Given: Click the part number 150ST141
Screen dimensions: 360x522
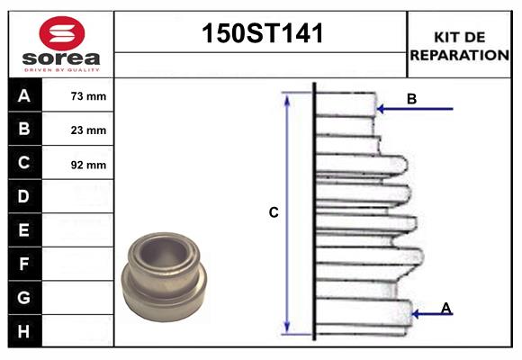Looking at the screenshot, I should (x=261, y=35).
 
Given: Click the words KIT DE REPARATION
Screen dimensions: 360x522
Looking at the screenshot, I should (x=459, y=45).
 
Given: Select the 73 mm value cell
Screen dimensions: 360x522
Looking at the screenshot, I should (x=88, y=95).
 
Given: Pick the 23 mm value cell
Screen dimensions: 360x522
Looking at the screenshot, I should (x=88, y=130).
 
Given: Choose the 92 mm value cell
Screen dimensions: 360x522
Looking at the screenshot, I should (x=88, y=164).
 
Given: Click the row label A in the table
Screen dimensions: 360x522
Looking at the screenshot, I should (x=24, y=95).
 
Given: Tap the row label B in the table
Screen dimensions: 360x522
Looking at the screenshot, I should (x=24, y=129).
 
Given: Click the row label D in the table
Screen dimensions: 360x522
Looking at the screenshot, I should (x=24, y=196).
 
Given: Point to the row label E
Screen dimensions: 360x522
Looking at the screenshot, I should (x=24, y=230).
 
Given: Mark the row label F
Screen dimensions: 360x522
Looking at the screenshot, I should (x=24, y=264).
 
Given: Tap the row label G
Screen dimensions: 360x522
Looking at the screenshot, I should (x=24, y=297).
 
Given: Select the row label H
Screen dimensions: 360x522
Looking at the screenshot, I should (x=24, y=331).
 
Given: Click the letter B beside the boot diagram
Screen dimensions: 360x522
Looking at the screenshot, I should (x=411, y=99).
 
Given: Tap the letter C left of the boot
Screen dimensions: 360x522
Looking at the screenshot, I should (x=274, y=213).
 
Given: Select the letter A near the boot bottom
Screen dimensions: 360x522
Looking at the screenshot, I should (x=445, y=309).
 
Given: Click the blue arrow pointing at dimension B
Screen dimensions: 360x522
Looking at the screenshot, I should (x=414, y=109).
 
